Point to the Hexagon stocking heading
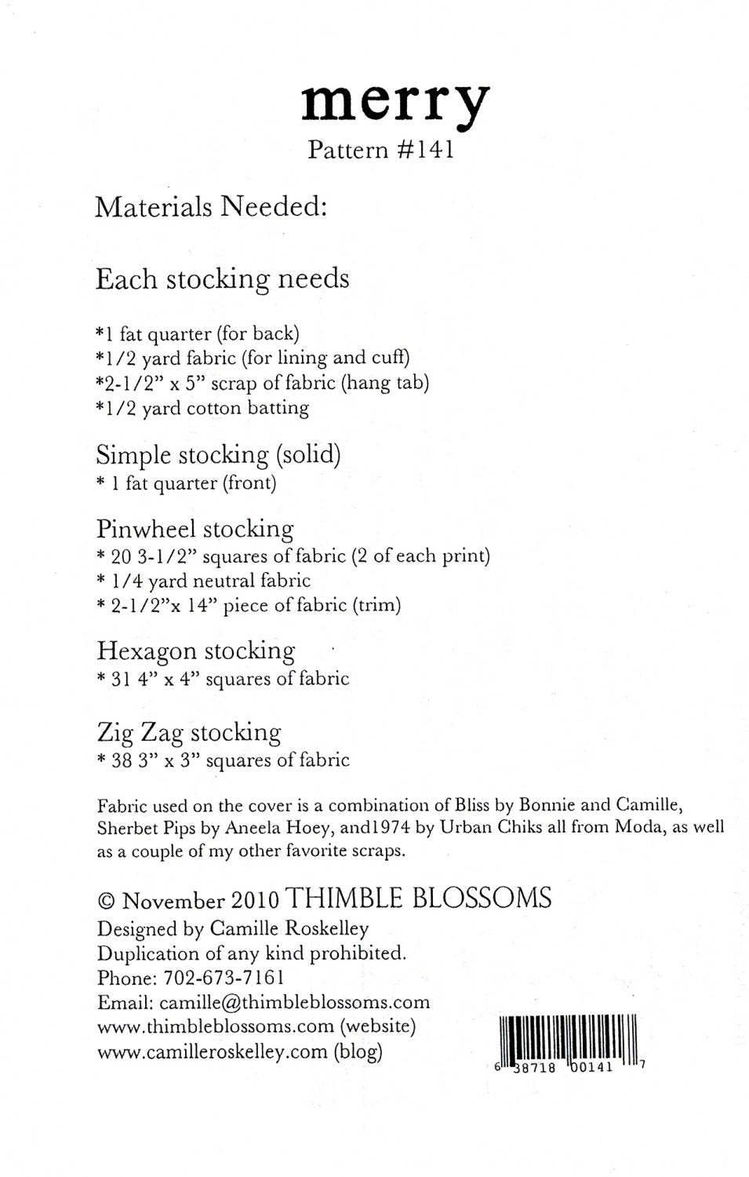click(x=195, y=650)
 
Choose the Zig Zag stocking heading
click(x=188, y=733)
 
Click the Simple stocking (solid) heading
click(x=218, y=454)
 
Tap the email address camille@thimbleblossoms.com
click(x=294, y=1003)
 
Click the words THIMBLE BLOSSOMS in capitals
click(x=419, y=898)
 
